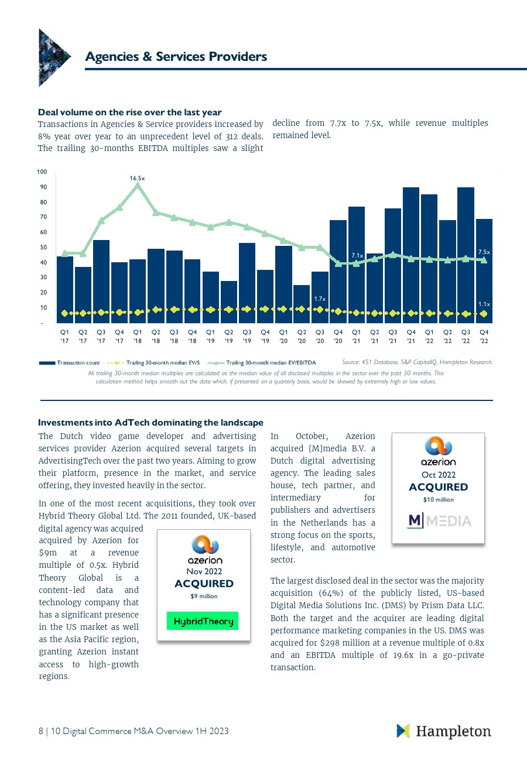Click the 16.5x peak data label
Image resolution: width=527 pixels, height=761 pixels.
pos(137,177)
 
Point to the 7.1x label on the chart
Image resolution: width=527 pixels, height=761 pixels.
pos(357,255)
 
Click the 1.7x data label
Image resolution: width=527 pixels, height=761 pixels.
pos(320,299)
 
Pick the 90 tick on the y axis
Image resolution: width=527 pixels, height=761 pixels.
pos(42,187)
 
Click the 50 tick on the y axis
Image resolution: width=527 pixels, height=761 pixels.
pos(42,248)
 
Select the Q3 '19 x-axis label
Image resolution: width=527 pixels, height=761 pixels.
pos(247,336)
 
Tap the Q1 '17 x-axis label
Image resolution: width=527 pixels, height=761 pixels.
pos(64,336)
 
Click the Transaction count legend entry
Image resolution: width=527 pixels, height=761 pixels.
pos(70,363)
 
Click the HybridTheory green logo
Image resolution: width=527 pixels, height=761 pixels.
pos(203,621)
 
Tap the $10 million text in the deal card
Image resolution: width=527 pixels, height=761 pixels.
pos(439,499)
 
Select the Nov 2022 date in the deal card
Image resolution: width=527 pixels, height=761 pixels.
pos(204,571)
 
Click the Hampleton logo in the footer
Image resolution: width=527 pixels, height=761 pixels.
pos(444,731)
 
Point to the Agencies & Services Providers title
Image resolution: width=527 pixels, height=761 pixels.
pos(176,57)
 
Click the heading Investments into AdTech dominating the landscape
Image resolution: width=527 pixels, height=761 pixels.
pos(150,423)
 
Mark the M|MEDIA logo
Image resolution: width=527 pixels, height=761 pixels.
pos(439,520)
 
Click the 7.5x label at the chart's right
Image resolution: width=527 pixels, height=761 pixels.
pos(484,252)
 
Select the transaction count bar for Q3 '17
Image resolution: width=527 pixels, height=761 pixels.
pos(101,281)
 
